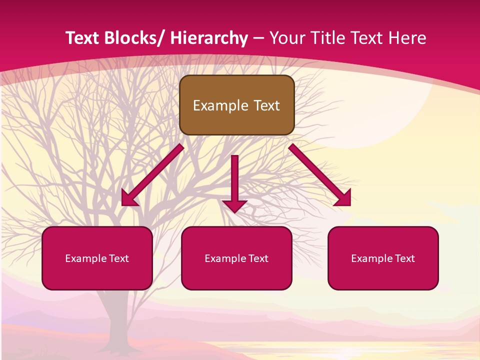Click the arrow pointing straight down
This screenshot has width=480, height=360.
click(234, 182)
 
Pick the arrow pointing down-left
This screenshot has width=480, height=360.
click(152, 175)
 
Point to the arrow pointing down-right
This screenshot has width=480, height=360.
click(320, 175)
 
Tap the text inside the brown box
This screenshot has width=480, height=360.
click(236, 105)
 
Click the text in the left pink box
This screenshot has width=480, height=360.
click(97, 258)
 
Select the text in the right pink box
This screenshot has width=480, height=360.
click(383, 258)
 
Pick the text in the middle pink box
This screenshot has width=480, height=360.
click(236, 258)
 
